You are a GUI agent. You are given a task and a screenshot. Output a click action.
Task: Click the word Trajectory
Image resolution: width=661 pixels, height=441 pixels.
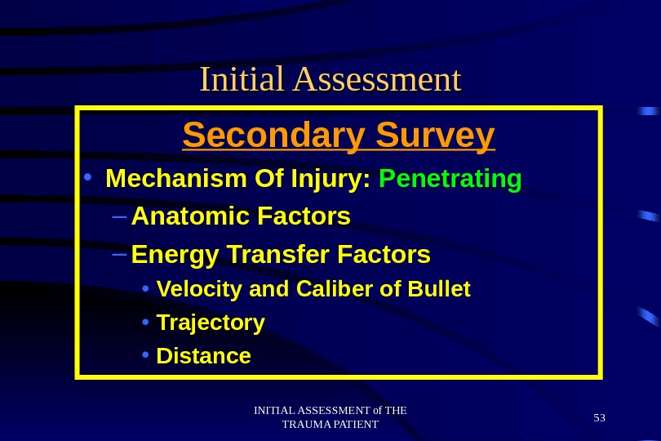pos(211,323)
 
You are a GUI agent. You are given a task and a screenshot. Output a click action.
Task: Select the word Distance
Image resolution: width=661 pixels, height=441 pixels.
pos(203,357)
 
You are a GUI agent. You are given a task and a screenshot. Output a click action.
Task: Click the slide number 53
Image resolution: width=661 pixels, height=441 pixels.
pos(600,418)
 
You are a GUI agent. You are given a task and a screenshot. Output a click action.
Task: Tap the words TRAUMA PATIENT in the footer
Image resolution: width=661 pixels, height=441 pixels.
pos(330,425)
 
